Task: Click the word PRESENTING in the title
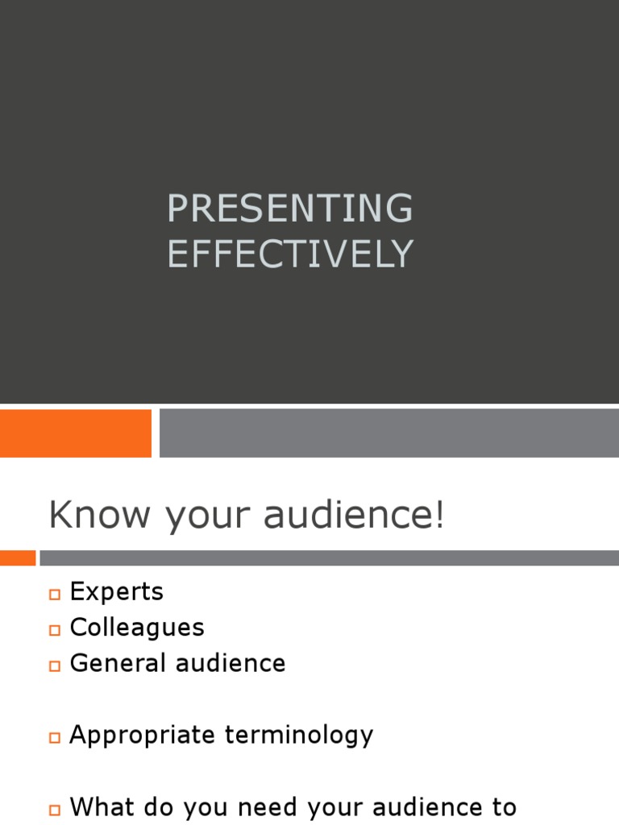click(x=290, y=209)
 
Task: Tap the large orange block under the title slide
click(x=76, y=433)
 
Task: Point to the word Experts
click(x=117, y=592)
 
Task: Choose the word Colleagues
click(x=137, y=628)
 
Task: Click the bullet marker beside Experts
click(x=55, y=595)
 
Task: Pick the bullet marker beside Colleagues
click(x=55, y=630)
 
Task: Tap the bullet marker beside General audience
click(x=55, y=665)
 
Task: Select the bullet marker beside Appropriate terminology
click(x=55, y=737)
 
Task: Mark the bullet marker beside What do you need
click(x=55, y=809)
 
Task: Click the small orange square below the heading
click(x=18, y=558)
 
